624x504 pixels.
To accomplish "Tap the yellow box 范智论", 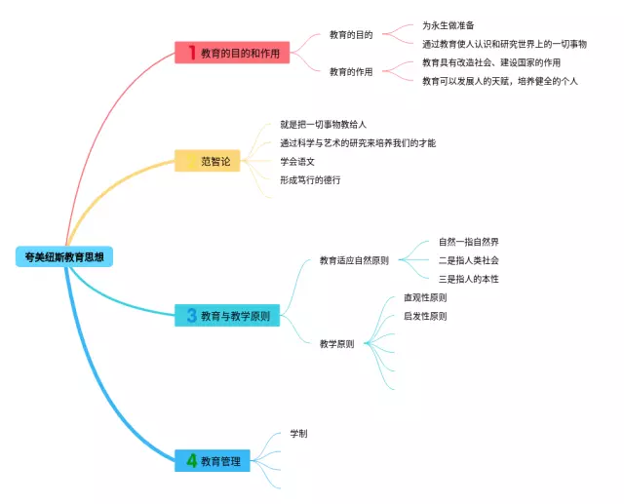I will click(x=208, y=161).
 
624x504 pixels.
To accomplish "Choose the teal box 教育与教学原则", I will click(x=228, y=316).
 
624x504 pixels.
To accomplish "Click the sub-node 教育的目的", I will click(x=351, y=35).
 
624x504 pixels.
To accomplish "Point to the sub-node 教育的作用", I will click(x=351, y=71).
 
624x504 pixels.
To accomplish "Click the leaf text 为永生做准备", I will click(x=448, y=25).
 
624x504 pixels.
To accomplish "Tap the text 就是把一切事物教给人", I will click(x=323, y=125).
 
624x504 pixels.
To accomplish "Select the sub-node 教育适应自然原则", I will click(x=354, y=260).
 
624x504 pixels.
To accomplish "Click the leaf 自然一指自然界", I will click(x=469, y=242).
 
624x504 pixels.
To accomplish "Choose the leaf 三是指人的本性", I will click(x=469, y=279).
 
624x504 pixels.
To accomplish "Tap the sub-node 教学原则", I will click(x=336, y=343).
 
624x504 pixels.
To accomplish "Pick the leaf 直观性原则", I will click(x=425, y=297).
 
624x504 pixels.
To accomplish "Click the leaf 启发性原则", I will click(x=425, y=316).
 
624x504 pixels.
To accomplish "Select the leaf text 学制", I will click(x=298, y=433).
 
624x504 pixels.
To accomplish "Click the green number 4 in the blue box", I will click(x=191, y=460).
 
